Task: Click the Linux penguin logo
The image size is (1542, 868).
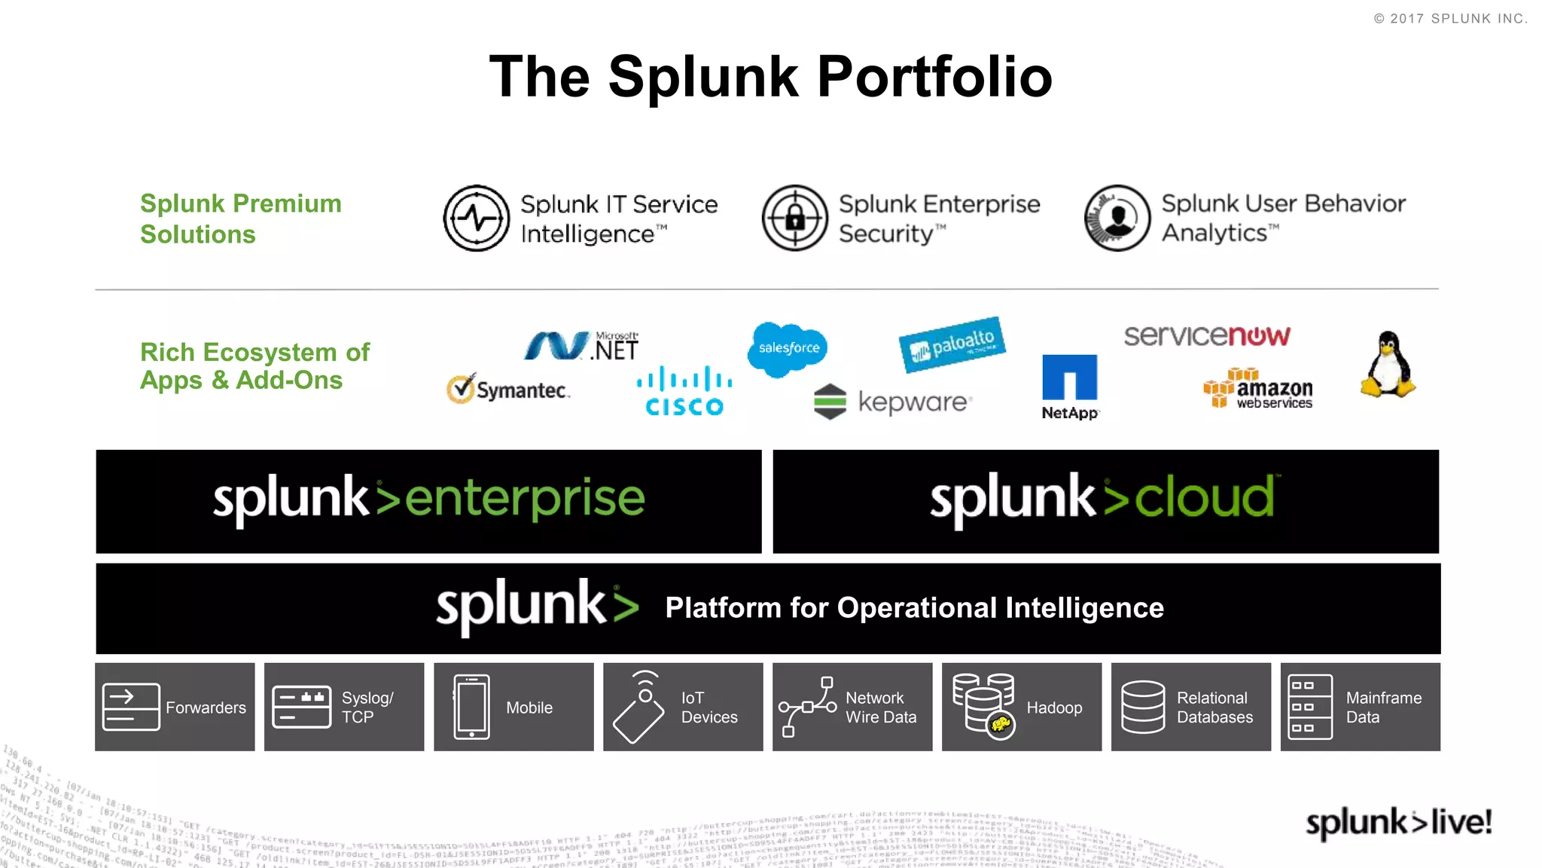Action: tap(1388, 365)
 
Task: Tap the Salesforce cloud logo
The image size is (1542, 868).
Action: tap(788, 349)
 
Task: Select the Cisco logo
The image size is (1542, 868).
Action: tap(684, 391)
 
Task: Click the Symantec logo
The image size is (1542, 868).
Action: tap(508, 390)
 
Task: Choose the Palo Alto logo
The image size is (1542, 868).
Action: tap(952, 344)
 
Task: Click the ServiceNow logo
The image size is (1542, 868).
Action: tap(1206, 335)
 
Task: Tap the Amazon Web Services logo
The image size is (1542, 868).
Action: tap(1258, 389)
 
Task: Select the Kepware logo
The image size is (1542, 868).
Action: tap(893, 402)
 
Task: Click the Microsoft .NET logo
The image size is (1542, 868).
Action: tap(581, 347)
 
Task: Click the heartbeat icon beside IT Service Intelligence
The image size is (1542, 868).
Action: tap(477, 219)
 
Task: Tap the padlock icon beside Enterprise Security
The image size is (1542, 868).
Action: tap(795, 219)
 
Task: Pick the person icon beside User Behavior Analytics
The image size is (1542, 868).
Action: tap(1117, 219)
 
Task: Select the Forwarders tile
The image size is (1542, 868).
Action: tap(175, 707)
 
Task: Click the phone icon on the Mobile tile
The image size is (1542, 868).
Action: tap(472, 707)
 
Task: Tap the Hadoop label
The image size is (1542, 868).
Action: tap(1054, 708)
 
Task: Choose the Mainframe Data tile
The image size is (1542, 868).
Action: tap(1360, 707)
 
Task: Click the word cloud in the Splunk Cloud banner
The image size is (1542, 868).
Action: tap(1204, 498)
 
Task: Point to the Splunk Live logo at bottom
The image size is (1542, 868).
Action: tap(1398, 822)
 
